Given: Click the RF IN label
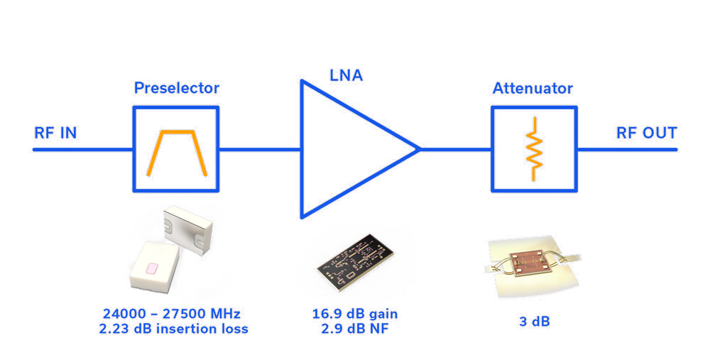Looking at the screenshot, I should pyautogui.click(x=55, y=133).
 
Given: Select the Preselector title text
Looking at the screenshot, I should pyautogui.click(x=177, y=89).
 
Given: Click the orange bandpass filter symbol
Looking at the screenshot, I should pyautogui.click(x=177, y=151).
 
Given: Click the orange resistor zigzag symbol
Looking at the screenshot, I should pyautogui.click(x=534, y=150).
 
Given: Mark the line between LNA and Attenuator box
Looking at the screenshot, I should pyautogui.click(x=454, y=150).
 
